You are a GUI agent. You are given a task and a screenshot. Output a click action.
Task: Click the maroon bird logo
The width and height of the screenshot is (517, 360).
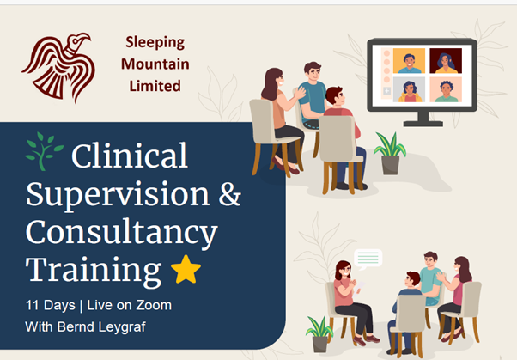[59, 66]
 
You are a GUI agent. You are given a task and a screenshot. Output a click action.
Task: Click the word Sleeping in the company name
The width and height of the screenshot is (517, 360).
[155, 43]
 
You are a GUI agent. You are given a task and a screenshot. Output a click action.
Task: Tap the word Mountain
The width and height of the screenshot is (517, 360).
[155, 64]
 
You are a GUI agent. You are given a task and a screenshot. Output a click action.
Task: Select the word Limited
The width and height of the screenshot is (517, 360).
[155, 86]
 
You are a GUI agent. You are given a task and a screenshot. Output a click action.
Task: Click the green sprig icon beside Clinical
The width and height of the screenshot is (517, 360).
[44, 151]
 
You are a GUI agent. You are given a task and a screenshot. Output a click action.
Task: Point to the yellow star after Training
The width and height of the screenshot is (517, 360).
[186, 269]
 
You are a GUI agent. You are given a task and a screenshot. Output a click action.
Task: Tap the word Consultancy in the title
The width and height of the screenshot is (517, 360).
[122, 234]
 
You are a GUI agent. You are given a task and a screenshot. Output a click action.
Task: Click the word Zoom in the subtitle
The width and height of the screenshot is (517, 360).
[154, 305]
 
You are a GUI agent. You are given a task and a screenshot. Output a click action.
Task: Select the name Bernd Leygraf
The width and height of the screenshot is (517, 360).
[101, 327]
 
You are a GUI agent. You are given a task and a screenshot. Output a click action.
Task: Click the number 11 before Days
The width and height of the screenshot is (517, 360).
[33, 305]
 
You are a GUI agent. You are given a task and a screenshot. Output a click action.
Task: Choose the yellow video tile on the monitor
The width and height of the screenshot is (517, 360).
[409, 61]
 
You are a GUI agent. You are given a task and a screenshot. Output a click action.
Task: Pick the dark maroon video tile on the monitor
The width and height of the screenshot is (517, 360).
[446, 61]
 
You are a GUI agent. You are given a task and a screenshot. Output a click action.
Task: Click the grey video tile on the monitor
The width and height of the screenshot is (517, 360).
[409, 89]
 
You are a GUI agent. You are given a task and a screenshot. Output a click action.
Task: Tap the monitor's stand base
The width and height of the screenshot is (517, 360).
[423, 124]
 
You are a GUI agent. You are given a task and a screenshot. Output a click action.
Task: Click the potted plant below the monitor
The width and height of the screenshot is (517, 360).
[390, 154]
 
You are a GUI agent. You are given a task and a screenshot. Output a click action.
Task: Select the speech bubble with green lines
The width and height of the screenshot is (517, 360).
[368, 259]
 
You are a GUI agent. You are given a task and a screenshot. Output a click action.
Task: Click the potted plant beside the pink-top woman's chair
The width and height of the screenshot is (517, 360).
[319, 334]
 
